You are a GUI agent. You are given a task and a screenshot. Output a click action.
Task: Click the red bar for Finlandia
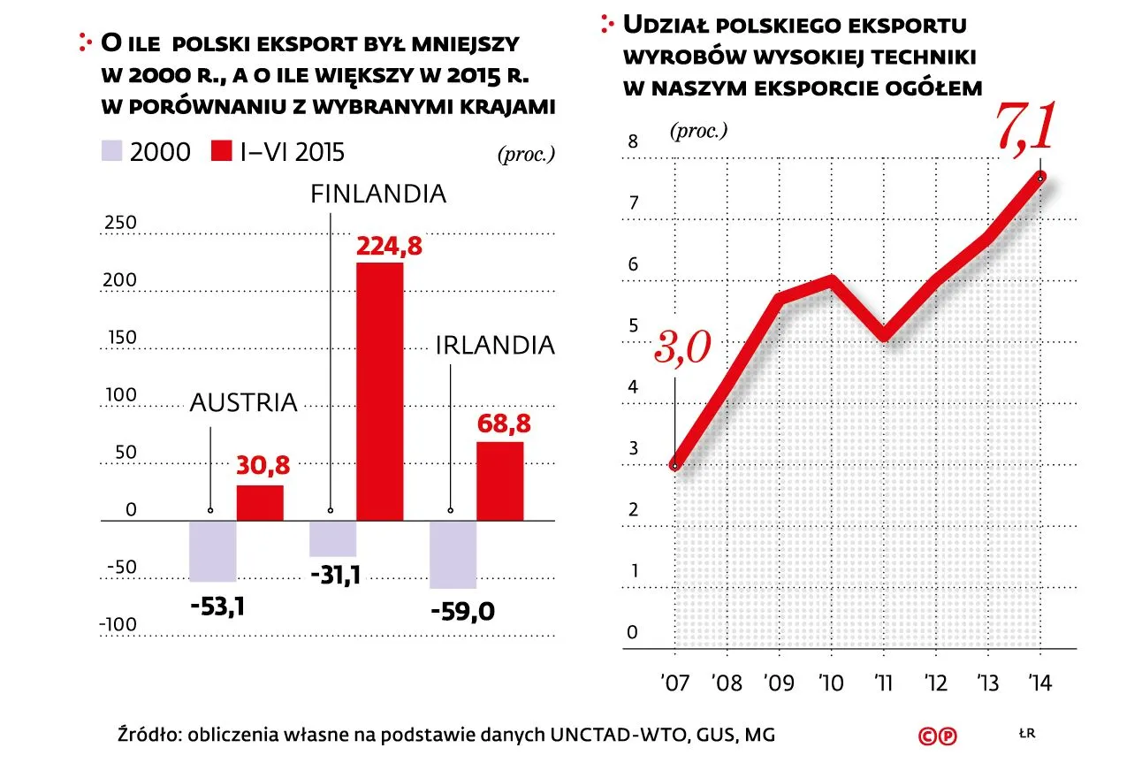pos(379,391)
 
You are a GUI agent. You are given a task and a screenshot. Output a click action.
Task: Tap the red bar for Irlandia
pos(499,481)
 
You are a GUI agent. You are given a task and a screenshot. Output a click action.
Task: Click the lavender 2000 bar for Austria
pos(213,551)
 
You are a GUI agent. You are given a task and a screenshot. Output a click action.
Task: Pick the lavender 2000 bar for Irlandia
pos(453,554)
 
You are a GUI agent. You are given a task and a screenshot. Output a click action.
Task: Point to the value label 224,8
pos(388,247)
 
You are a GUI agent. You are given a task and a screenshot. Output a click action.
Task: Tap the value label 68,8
pos(504,424)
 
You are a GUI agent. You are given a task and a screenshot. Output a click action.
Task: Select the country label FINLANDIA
pos(378,194)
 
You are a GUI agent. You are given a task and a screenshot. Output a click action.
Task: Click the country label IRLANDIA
pos(495,345)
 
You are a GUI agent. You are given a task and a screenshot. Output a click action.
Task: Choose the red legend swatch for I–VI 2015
pos(221,152)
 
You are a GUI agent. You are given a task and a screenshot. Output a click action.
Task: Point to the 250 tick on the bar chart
pos(119,223)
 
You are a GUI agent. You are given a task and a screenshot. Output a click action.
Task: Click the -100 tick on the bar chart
pos(118,625)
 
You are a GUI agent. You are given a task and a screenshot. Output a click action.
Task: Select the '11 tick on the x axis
pos(881,683)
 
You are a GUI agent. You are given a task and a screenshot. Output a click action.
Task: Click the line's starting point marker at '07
pos(674,465)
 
